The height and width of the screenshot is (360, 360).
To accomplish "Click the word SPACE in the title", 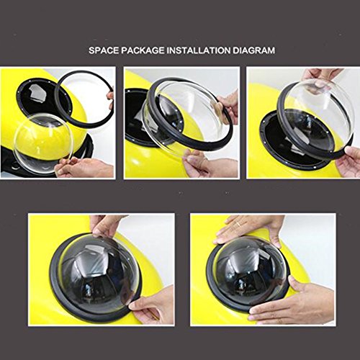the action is (104, 50).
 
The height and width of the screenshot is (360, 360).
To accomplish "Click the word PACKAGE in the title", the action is (143, 50).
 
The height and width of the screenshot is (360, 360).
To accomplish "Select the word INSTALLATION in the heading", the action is (198, 50).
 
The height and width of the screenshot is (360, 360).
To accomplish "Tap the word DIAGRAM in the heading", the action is (253, 50).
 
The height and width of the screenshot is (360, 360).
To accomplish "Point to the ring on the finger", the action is (238, 225).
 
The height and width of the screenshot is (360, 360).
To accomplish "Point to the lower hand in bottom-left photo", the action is (153, 306).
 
